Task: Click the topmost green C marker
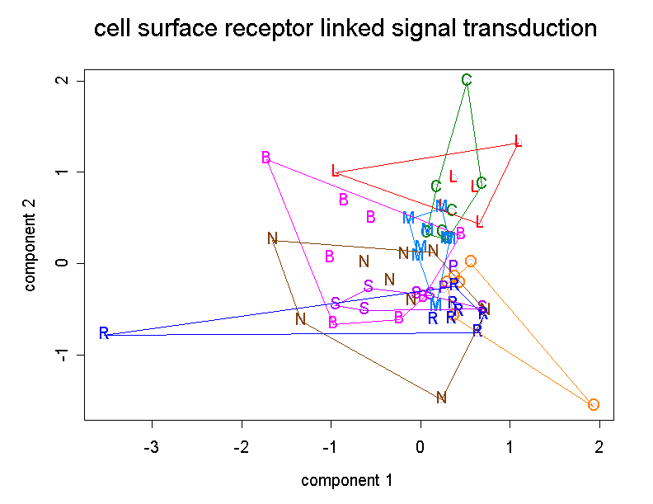(x=467, y=80)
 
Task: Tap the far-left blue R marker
(x=104, y=334)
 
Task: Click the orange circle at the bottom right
(x=594, y=404)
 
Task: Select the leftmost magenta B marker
(x=265, y=158)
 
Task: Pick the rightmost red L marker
(x=517, y=141)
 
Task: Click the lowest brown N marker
(x=441, y=398)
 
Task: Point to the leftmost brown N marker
(x=272, y=238)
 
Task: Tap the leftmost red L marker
(x=335, y=171)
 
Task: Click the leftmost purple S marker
(x=336, y=304)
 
